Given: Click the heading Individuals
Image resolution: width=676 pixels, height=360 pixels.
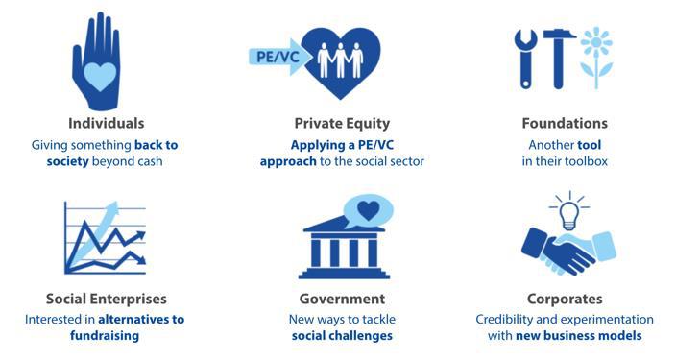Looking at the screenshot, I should click(107, 124).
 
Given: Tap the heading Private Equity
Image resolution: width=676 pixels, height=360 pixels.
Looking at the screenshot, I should click(341, 124).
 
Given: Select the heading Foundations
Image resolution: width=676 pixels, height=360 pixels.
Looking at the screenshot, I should click(564, 124).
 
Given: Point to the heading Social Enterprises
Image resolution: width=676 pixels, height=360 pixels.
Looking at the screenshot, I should click(107, 299).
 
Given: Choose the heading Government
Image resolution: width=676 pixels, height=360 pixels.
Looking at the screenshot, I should click(342, 299).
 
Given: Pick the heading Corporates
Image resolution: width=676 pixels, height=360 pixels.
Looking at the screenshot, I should click(565, 299).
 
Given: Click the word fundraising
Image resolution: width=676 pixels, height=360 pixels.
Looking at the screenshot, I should click(107, 336).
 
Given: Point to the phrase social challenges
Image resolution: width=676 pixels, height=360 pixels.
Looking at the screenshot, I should click(342, 336).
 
